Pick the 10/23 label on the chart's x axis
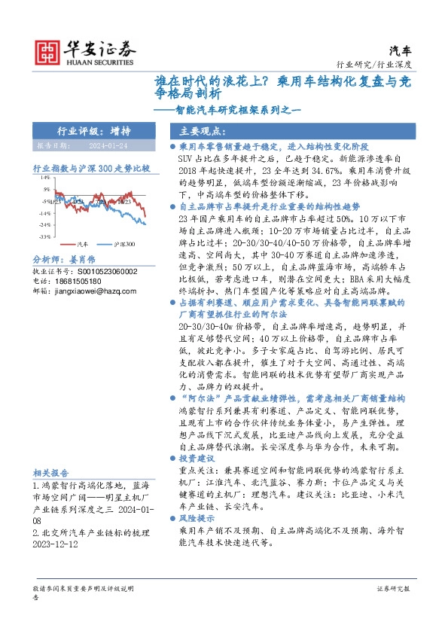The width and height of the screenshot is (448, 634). pos(123,202)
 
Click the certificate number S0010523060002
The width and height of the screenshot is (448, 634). pos(102,291)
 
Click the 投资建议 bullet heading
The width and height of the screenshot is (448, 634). pos(198,458)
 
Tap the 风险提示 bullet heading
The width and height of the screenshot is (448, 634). pos(198,519)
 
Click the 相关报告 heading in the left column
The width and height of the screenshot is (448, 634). pos(51,473)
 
